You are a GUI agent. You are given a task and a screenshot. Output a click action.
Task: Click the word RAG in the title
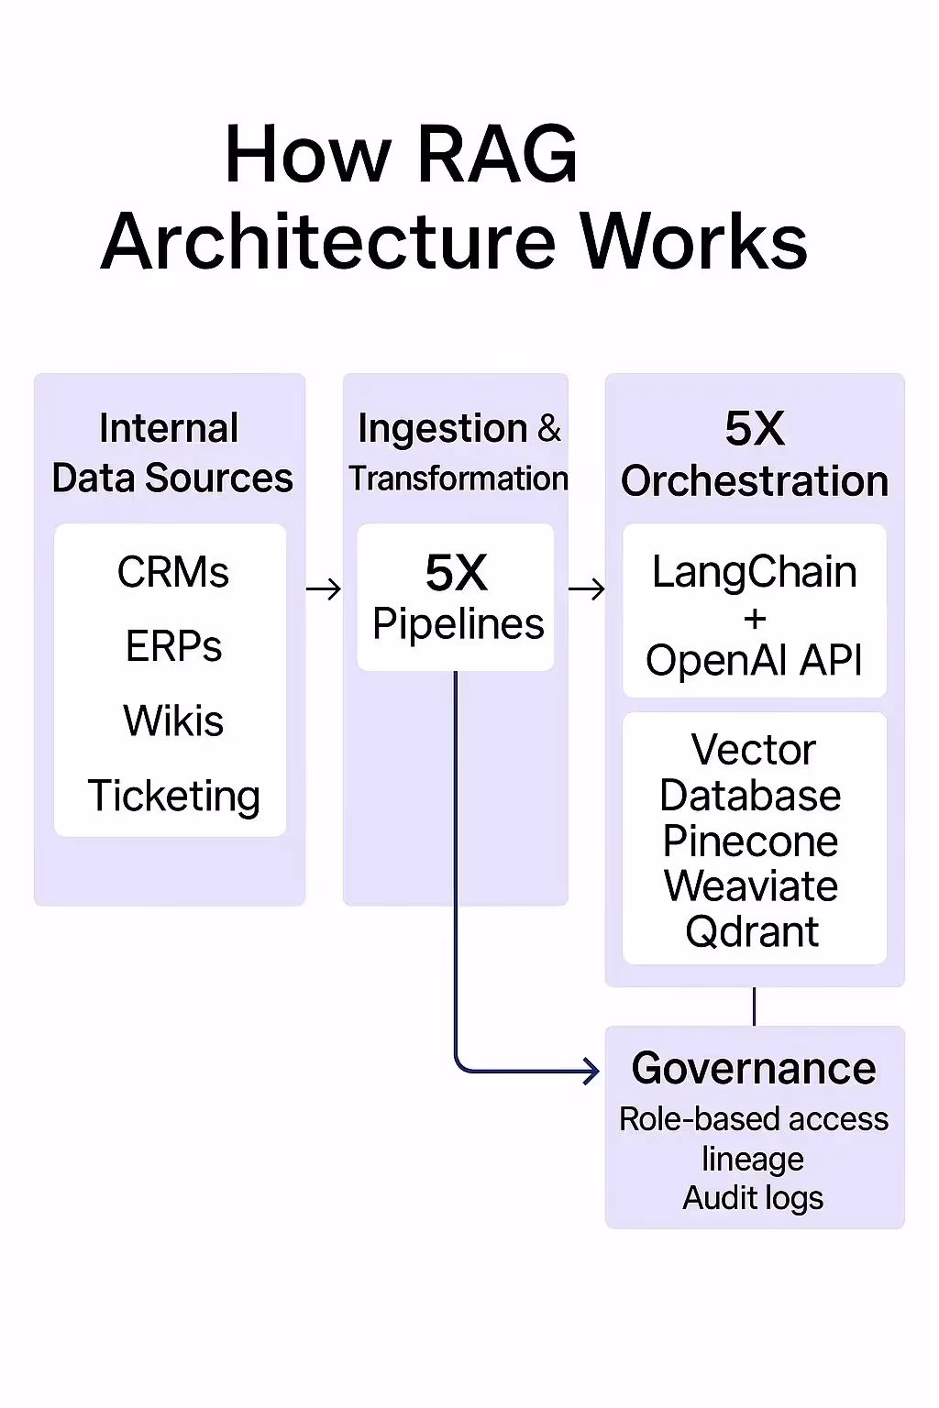(496, 154)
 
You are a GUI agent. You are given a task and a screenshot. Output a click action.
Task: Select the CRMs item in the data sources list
(172, 573)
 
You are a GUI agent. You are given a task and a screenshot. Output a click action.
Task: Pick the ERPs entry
(173, 647)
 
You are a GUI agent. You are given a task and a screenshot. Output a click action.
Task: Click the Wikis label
(173, 721)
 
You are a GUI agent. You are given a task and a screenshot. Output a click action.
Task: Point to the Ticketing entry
(173, 796)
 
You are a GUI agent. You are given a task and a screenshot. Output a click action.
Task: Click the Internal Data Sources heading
(171, 453)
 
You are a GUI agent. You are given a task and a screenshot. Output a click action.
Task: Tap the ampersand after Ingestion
(549, 428)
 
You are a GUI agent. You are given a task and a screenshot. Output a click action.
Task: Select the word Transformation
(458, 478)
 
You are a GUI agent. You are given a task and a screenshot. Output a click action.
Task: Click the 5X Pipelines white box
(456, 598)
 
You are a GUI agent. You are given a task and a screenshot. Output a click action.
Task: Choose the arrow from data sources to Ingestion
(324, 589)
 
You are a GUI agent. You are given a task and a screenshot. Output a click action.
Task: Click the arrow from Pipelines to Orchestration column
(587, 589)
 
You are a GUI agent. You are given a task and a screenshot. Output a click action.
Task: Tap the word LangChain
(754, 573)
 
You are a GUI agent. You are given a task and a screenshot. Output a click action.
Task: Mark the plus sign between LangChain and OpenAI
(755, 620)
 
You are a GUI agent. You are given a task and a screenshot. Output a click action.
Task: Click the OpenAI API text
(754, 660)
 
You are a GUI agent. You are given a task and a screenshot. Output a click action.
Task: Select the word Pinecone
(750, 841)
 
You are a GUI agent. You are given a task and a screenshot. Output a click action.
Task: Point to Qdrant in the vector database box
(752, 932)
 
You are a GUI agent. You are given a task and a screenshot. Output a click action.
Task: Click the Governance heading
(754, 1069)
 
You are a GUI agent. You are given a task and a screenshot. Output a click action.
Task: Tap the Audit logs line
(753, 1198)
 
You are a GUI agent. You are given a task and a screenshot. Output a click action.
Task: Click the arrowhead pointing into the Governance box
(591, 1070)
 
